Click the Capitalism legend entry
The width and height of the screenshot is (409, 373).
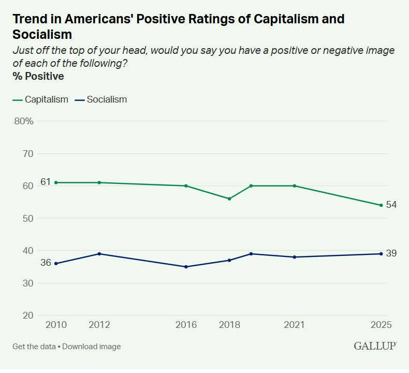click(40, 99)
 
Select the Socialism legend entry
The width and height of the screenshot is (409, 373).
click(100, 99)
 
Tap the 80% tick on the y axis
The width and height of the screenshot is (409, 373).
click(24, 121)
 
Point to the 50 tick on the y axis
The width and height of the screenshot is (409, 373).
click(28, 219)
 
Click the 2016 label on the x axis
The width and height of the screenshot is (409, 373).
click(186, 325)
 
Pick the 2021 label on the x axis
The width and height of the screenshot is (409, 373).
click(294, 325)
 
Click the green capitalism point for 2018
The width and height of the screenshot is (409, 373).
click(229, 199)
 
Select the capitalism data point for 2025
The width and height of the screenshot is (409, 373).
click(381, 206)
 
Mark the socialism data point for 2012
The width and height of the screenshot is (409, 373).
click(99, 254)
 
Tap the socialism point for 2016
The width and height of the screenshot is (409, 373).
click(186, 267)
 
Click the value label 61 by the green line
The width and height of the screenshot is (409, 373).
click(46, 182)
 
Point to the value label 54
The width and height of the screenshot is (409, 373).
click(391, 205)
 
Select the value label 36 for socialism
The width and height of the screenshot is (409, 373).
click(46, 263)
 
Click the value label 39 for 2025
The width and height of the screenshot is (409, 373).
click(391, 253)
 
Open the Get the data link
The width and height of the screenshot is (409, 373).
click(34, 347)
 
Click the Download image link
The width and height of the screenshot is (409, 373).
click(92, 347)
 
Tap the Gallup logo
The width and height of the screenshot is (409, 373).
click(375, 346)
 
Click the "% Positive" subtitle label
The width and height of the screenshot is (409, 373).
click(38, 77)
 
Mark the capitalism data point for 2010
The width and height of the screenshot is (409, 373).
click(56, 183)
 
